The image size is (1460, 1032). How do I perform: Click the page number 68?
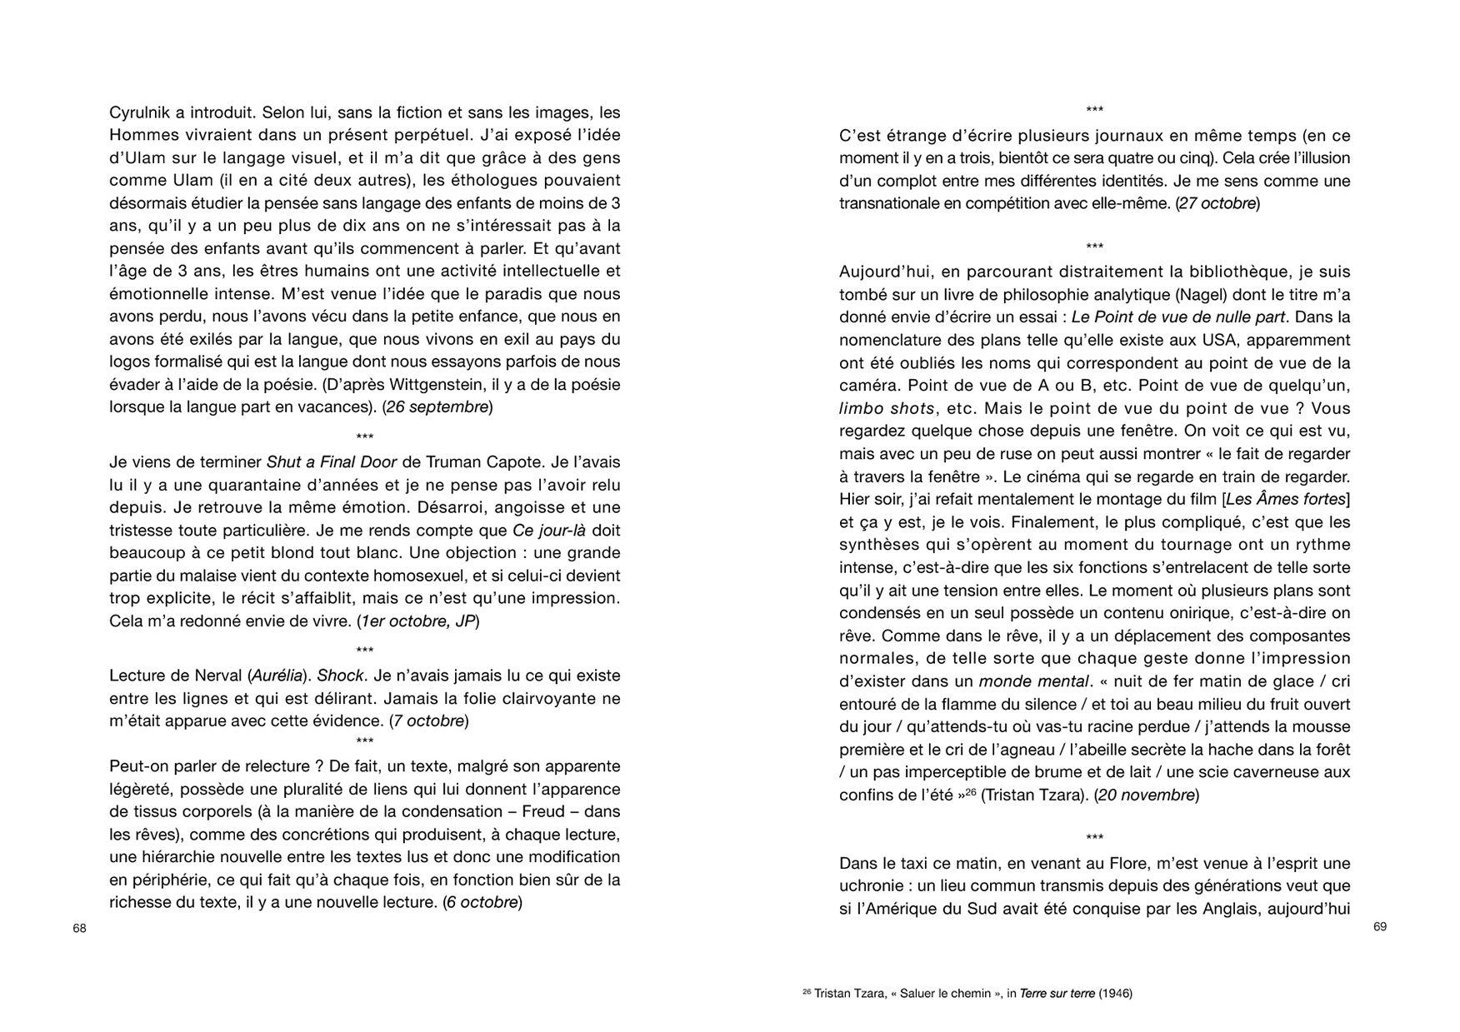pyautogui.click(x=79, y=928)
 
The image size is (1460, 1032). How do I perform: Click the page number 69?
pyautogui.click(x=1380, y=927)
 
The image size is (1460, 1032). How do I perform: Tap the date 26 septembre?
pyautogui.click(x=437, y=407)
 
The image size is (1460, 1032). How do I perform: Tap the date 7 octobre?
pyautogui.click(x=429, y=721)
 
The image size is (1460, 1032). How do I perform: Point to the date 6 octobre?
pyautogui.click(x=482, y=903)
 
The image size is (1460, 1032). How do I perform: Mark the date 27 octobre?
pyautogui.click(x=1217, y=204)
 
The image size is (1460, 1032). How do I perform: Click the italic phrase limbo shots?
pyautogui.click(x=886, y=409)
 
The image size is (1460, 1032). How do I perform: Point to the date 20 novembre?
pyautogui.click(x=1147, y=795)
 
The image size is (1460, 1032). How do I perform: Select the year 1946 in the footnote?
pyautogui.click(x=1115, y=994)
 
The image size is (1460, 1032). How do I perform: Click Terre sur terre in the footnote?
pyautogui.click(x=1057, y=994)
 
